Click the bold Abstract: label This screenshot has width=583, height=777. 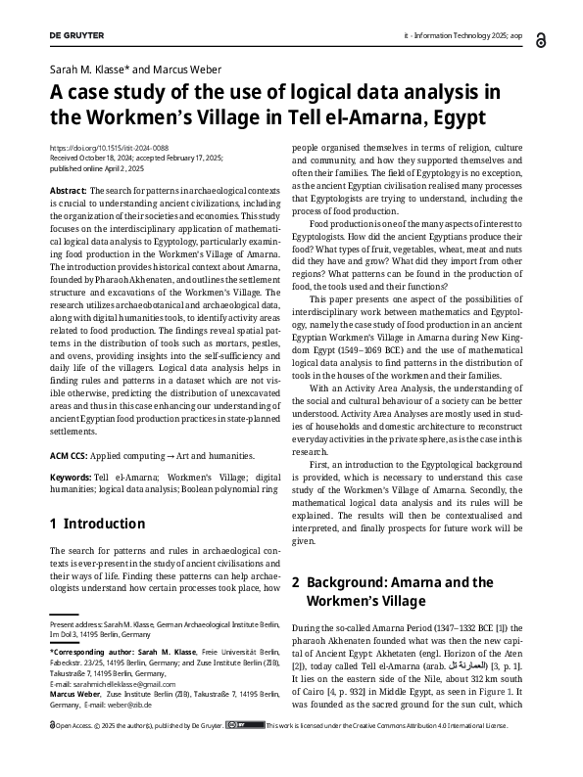68,190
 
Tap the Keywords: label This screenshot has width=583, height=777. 71,476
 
